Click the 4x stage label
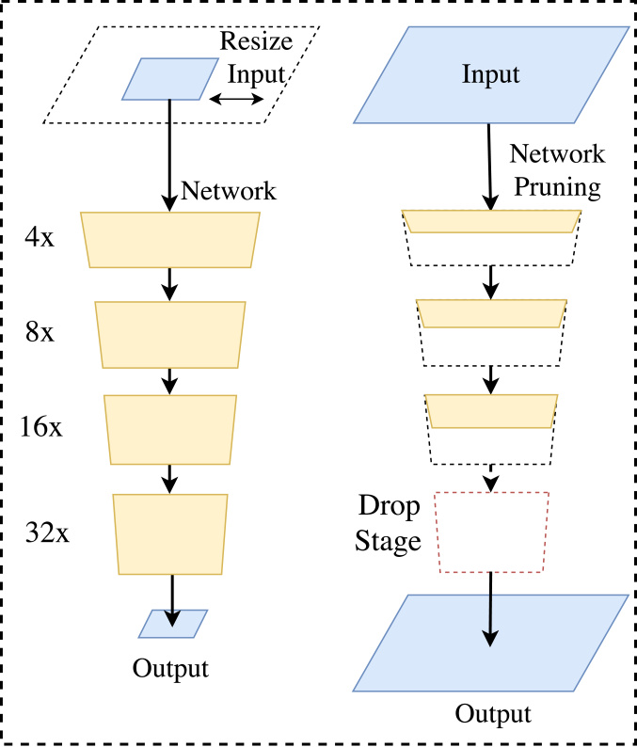click(x=40, y=237)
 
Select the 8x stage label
click(x=40, y=332)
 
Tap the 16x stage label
click(x=41, y=427)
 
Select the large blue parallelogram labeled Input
click(x=490, y=74)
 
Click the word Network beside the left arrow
click(x=229, y=191)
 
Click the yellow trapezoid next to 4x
click(x=170, y=240)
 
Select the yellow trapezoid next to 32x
click(x=170, y=533)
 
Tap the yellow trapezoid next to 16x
click(x=170, y=429)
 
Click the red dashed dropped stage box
click(x=490, y=532)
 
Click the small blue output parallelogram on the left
click(x=173, y=623)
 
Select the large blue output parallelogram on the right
click(x=490, y=644)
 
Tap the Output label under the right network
click(x=493, y=713)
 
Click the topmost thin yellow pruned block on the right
click(x=491, y=221)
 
